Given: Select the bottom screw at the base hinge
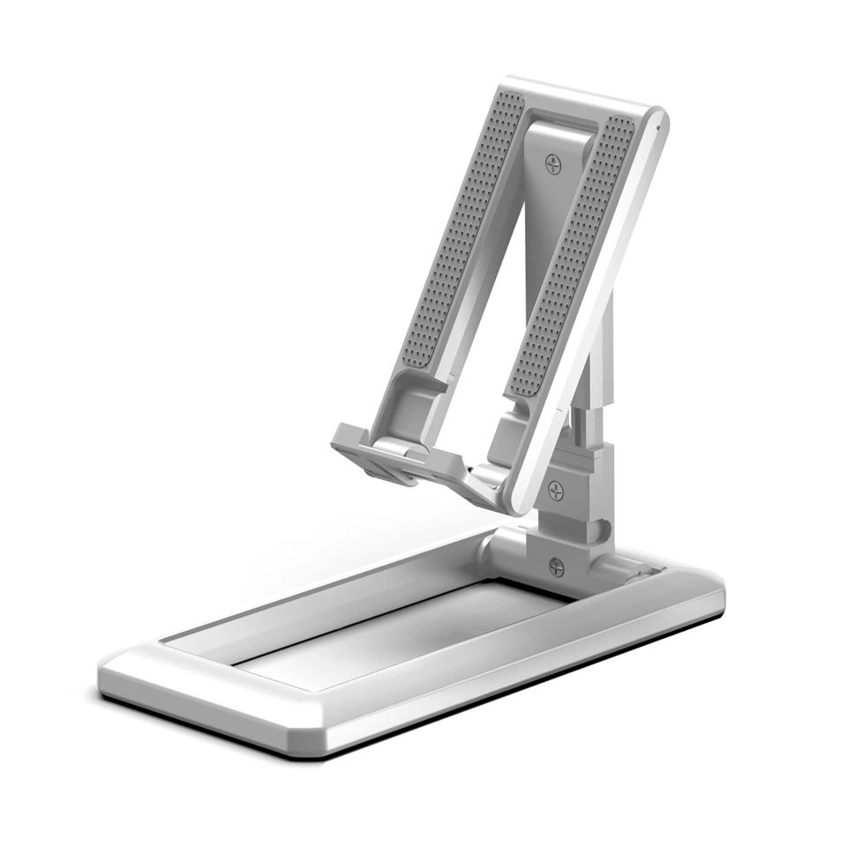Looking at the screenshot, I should [x=556, y=567].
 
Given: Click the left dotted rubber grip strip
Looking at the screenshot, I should [x=460, y=238].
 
